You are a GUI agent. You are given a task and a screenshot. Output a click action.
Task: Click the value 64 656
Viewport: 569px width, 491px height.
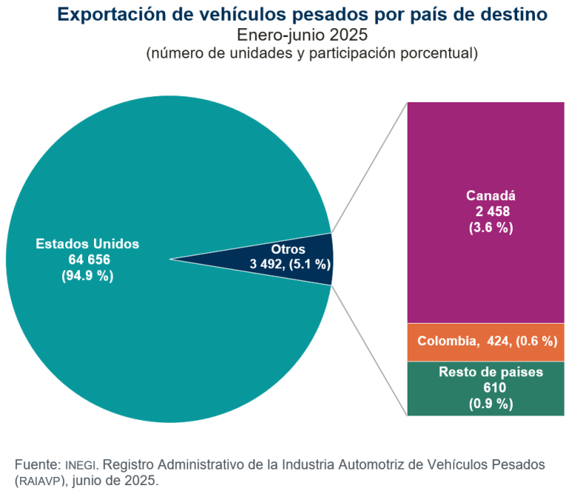(87, 260)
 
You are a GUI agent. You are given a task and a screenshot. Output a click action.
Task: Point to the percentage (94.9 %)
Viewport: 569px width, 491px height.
(87, 275)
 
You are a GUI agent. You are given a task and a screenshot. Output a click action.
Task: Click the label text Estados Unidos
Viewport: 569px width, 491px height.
(87, 244)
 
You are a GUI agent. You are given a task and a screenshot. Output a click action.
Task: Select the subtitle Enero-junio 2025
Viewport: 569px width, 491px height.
(302, 35)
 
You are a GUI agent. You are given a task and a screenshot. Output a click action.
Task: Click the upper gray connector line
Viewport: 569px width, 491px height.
(370, 167)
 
